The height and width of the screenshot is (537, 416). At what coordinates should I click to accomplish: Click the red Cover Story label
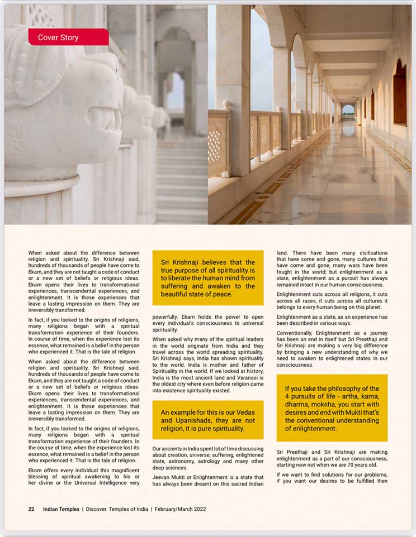(x=68, y=37)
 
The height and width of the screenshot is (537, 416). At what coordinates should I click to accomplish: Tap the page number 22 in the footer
(x=32, y=509)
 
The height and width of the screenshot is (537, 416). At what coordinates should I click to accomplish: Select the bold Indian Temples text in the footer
(x=61, y=509)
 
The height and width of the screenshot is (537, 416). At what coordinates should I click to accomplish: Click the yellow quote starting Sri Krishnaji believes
(x=207, y=277)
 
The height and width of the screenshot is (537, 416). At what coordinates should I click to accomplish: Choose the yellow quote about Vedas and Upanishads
(x=207, y=420)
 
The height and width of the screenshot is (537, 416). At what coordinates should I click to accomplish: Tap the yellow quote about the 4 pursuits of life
(x=332, y=408)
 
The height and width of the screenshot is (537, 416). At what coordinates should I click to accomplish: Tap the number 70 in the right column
(x=356, y=464)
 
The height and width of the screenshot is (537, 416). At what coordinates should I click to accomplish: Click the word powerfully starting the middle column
(x=168, y=317)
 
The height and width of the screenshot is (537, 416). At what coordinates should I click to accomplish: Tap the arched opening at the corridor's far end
(x=348, y=109)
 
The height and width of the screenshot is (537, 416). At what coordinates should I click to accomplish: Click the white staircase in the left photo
(x=182, y=179)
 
